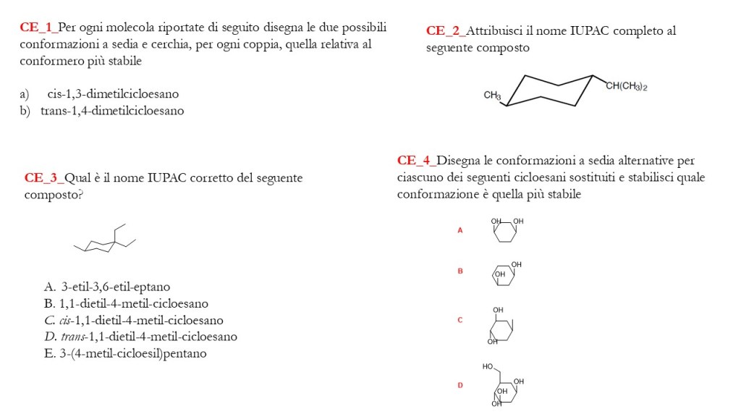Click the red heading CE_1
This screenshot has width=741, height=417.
pyautogui.click(x=38, y=28)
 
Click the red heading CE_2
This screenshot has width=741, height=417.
pyautogui.click(x=444, y=31)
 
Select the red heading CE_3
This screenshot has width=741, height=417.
pyautogui.click(x=43, y=178)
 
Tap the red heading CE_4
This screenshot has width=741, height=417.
pyautogui.click(x=415, y=161)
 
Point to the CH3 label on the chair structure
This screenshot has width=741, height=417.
pyautogui.click(x=492, y=95)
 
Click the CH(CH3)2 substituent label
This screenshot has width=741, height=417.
pyautogui.click(x=626, y=86)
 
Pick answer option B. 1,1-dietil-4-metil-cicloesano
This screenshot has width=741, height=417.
pyautogui.click(x=126, y=303)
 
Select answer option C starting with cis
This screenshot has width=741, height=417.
pyautogui.click(x=133, y=320)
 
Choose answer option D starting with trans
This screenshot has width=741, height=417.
pyautogui.click(x=140, y=337)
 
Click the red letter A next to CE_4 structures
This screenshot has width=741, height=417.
pyautogui.click(x=460, y=230)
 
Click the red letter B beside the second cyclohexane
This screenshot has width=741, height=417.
pyautogui.click(x=460, y=271)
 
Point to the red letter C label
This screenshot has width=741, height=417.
pyautogui.click(x=460, y=319)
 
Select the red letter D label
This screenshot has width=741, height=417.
pyautogui.click(x=460, y=385)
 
